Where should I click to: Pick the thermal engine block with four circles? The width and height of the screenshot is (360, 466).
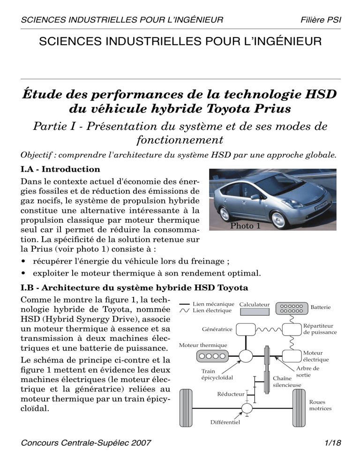(x=210, y=356)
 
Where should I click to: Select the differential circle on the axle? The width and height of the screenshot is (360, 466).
(x=246, y=408)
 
